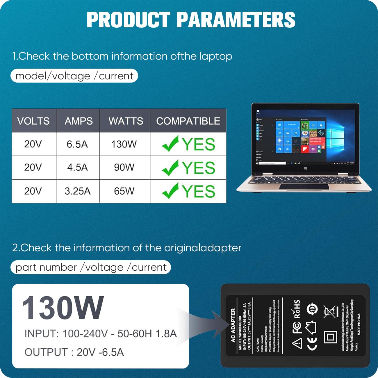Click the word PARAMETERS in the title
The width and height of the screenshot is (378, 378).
coord(236,20)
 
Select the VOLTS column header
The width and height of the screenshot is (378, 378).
coord(33,121)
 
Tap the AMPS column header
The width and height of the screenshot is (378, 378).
coord(79,121)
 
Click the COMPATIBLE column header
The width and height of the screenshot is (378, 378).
coord(188,121)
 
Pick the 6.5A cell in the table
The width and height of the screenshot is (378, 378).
coord(77,144)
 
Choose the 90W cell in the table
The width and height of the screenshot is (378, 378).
coord(124,167)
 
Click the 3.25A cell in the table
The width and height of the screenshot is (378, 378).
coord(77,191)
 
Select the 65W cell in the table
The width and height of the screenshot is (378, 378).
coord(124,191)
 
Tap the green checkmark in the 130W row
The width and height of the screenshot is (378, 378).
coord(170,144)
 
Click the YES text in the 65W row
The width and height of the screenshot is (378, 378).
coord(199,191)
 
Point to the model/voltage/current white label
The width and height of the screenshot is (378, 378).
coord(74,76)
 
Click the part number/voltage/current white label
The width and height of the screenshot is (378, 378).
coord(91,267)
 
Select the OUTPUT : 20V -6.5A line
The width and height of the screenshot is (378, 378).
coord(74,352)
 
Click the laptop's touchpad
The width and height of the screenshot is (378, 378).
coord(304,186)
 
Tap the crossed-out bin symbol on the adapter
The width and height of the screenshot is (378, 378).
coord(330,312)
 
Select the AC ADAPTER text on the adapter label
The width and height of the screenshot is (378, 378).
coord(233,325)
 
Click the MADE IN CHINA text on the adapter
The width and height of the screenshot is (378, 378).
coord(359,324)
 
